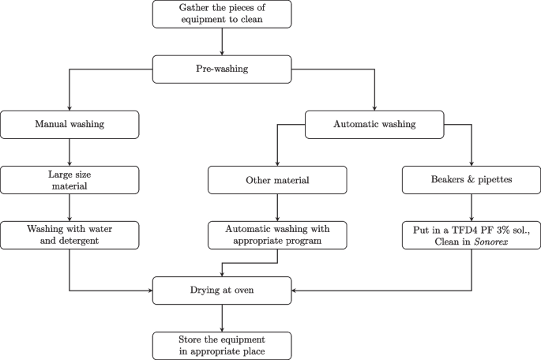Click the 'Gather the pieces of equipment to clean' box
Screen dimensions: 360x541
point(222,13)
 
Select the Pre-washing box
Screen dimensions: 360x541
point(222,69)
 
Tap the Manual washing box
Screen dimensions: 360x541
point(70,124)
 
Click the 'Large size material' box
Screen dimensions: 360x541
point(70,179)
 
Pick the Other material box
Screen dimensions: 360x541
point(277,179)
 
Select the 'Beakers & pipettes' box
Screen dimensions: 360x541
point(471,179)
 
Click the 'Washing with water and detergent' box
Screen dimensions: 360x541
point(70,234)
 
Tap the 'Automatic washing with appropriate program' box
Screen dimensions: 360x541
point(277,234)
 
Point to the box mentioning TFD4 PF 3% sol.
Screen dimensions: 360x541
point(471,234)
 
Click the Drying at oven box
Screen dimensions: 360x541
point(222,290)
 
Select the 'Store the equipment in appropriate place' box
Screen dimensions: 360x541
point(222,345)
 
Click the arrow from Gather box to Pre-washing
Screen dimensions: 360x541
point(222,41)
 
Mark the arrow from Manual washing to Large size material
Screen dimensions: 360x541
point(70,152)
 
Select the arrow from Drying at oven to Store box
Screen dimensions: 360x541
point(222,317)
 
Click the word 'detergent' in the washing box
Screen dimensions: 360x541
point(81,241)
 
